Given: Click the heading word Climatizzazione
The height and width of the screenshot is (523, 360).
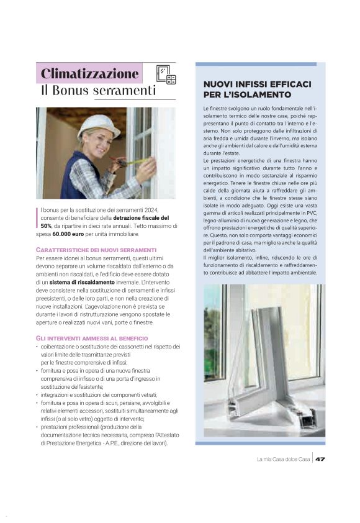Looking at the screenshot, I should pyautogui.click(x=89, y=73).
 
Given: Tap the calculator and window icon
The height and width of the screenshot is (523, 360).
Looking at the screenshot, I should pyautogui.click(x=166, y=74).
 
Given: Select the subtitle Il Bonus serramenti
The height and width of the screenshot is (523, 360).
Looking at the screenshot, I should pyautogui.click(x=98, y=91).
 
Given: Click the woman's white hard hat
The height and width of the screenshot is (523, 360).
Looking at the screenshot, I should pyautogui.click(x=99, y=126).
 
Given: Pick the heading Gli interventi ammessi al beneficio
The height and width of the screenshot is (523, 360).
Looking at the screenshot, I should pyautogui.click(x=88, y=337).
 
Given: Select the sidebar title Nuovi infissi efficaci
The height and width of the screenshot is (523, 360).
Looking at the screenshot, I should pyautogui.click(x=257, y=84).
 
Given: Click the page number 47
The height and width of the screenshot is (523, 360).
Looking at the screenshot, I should pyautogui.click(x=320, y=460).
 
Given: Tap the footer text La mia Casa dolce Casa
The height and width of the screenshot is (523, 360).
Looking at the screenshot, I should pyautogui.click(x=283, y=460).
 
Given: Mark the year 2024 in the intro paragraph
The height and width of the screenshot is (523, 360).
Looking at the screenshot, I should pyautogui.click(x=158, y=211).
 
